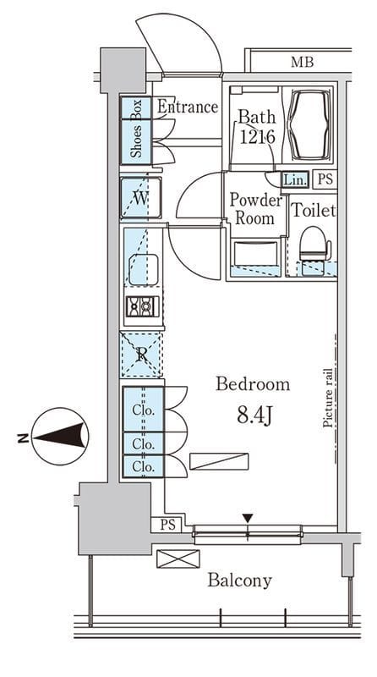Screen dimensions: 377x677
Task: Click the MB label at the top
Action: point(302,62)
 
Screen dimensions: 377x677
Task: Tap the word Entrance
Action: point(187,107)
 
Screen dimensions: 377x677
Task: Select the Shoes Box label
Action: point(137,129)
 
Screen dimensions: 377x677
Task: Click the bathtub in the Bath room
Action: point(308,124)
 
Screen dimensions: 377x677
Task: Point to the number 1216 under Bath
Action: point(257,137)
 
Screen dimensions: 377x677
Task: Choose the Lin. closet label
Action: point(296,179)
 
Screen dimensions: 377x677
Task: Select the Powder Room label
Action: point(255,208)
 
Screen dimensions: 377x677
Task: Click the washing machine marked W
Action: point(140,198)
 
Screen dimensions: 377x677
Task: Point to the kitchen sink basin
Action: point(143,269)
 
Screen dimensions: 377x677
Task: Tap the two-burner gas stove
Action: point(142,306)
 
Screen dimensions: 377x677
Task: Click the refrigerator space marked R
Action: point(141,355)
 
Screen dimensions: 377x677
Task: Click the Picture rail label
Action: point(327,398)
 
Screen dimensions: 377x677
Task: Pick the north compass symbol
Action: point(60,436)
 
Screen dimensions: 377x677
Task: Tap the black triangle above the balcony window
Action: point(247,518)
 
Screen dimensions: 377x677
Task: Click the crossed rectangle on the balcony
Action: point(178,559)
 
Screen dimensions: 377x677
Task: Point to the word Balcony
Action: point(239,581)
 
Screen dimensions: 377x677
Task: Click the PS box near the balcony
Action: point(168,525)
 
